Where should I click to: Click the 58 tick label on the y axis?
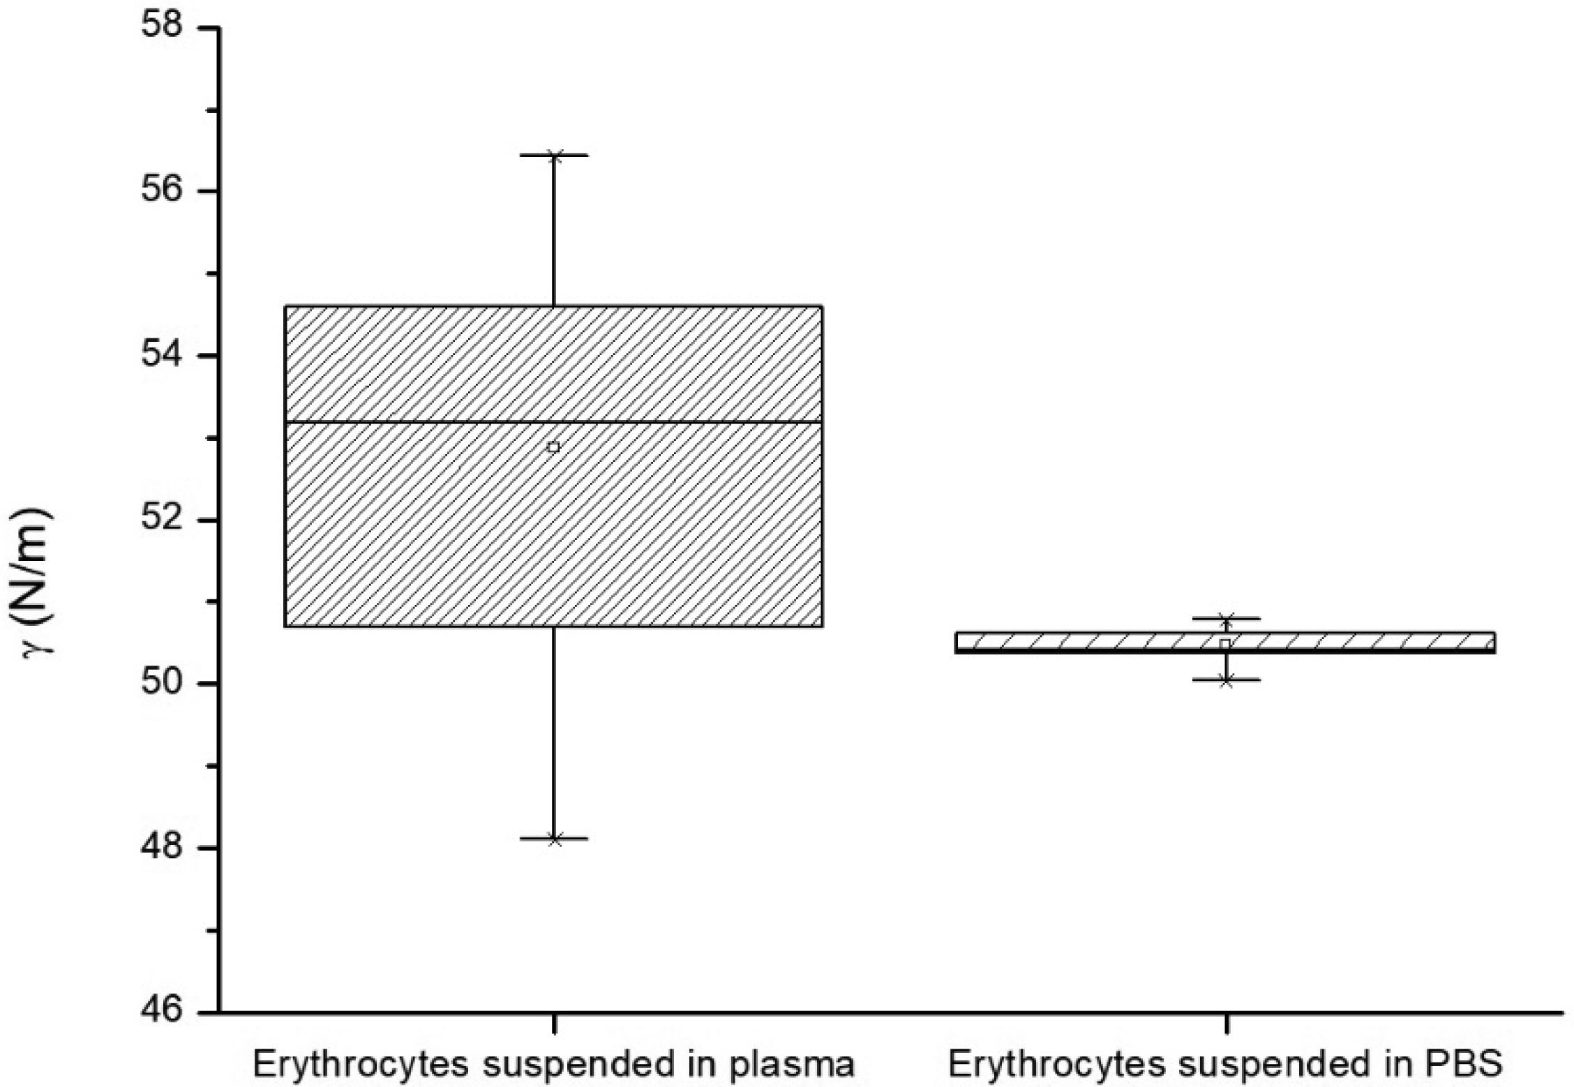coord(162,27)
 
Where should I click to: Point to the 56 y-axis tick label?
coord(162,190)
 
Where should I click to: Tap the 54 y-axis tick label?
coord(162,355)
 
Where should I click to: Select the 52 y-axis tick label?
coord(162,520)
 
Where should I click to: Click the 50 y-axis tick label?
coord(162,684)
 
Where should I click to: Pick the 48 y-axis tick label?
coord(162,848)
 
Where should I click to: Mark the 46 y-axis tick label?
coord(162,1012)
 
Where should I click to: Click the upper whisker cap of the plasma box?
coord(554,155)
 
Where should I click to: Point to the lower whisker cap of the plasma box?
coord(554,839)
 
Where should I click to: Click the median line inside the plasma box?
coord(554,422)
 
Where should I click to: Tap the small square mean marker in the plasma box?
coord(554,447)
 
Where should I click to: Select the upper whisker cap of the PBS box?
coord(1226,618)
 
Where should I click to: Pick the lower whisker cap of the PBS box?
coord(1226,680)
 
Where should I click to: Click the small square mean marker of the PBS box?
coord(1225,643)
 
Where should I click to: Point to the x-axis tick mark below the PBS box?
coord(1226,1023)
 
